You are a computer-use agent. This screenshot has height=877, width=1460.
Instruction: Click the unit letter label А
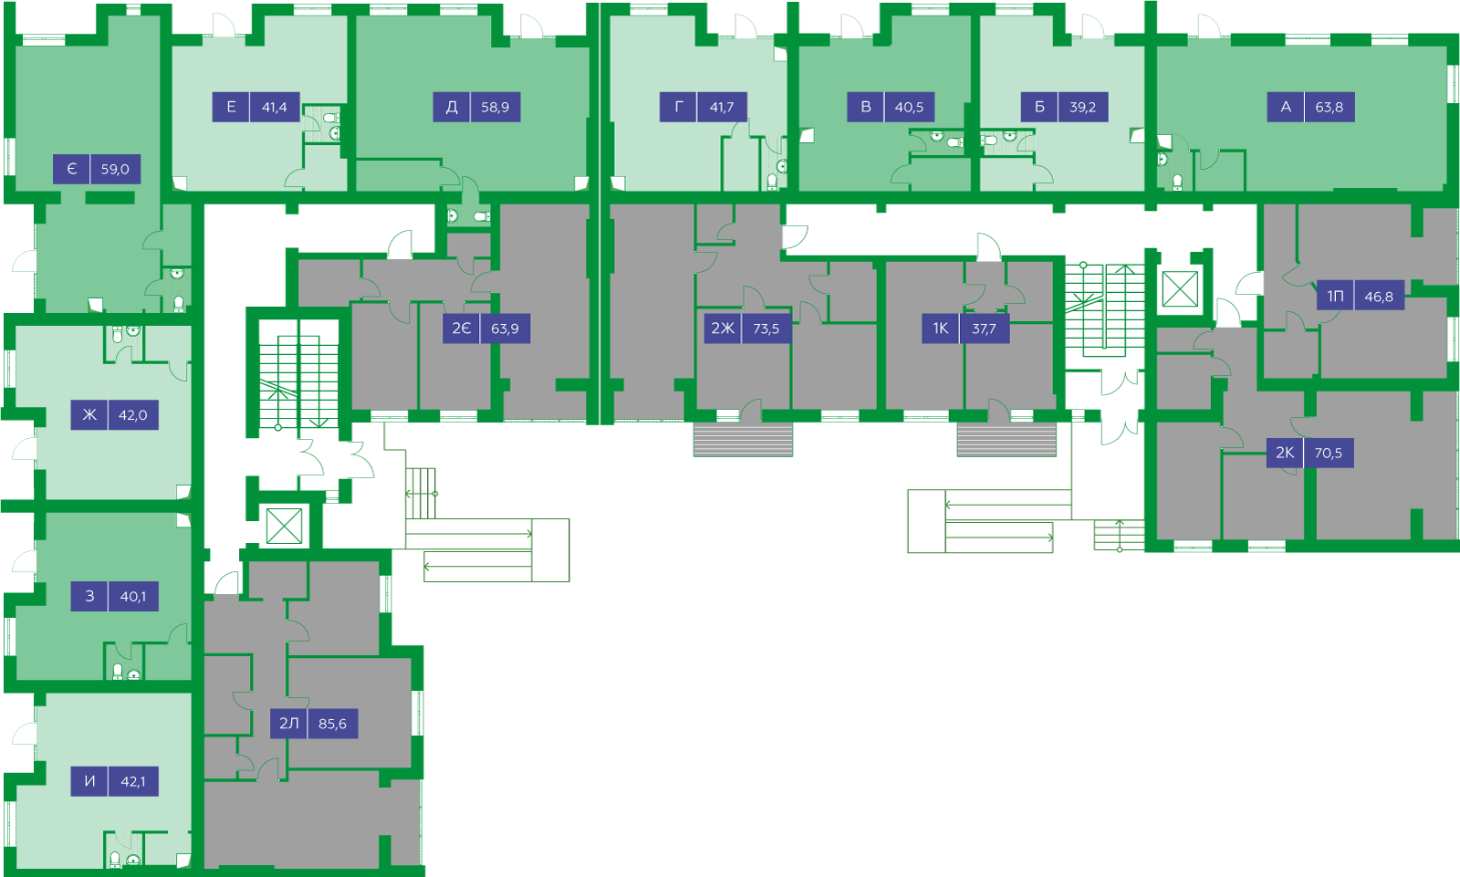click(x=1286, y=107)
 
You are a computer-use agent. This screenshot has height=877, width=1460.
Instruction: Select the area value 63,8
click(x=1330, y=107)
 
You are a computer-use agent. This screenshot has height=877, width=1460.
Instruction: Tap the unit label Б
click(x=1039, y=107)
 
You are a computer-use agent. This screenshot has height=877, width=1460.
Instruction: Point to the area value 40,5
click(x=909, y=107)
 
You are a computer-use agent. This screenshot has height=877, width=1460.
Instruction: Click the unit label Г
click(x=679, y=107)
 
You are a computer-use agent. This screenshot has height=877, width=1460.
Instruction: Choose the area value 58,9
click(x=495, y=107)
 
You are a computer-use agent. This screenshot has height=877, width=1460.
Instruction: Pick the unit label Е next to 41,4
click(x=232, y=107)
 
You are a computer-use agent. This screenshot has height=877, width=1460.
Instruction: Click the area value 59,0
click(x=115, y=169)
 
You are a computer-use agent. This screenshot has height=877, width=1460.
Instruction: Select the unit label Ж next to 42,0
click(x=89, y=414)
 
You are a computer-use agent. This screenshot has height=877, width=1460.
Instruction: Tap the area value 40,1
click(x=133, y=596)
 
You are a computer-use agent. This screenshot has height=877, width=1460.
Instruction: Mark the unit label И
click(x=89, y=781)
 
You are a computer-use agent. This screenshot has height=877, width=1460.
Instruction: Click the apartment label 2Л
click(x=288, y=723)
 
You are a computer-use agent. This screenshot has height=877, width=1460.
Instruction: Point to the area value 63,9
click(x=506, y=328)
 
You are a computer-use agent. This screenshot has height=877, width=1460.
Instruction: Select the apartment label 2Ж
click(x=722, y=328)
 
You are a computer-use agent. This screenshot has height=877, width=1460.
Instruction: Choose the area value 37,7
click(x=985, y=328)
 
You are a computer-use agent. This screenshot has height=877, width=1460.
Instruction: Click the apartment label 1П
click(x=1335, y=296)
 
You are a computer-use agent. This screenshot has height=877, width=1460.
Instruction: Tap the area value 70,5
click(x=1329, y=453)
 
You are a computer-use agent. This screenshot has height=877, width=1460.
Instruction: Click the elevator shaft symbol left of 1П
click(x=1180, y=289)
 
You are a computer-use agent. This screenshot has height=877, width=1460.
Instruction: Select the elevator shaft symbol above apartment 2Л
click(x=284, y=526)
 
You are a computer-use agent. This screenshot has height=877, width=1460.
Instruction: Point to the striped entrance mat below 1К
click(x=1006, y=440)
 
